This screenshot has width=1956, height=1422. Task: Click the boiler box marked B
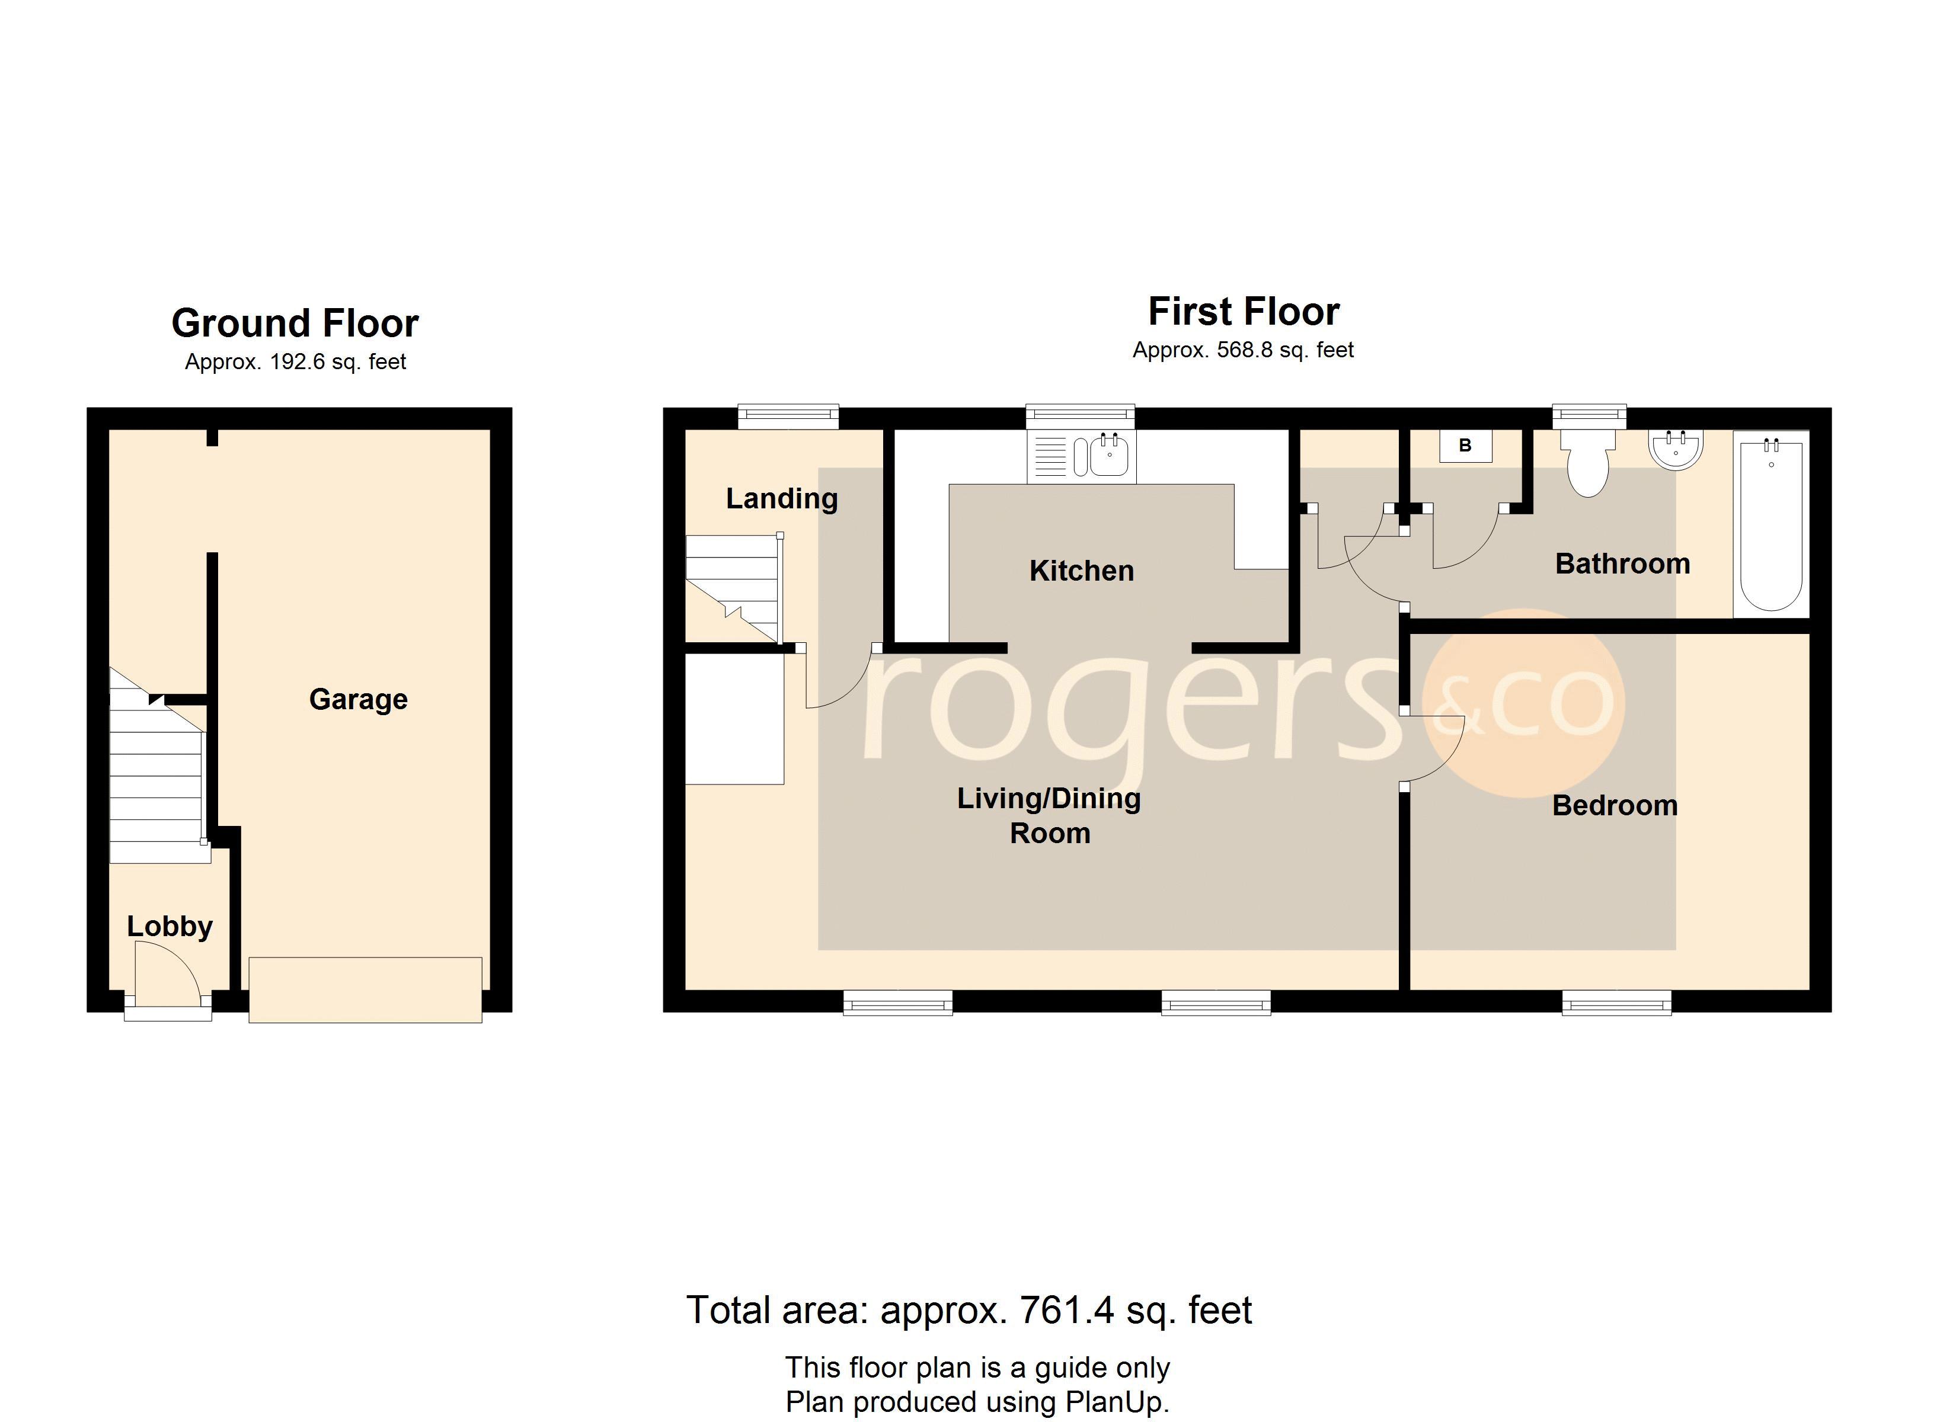tap(1465, 446)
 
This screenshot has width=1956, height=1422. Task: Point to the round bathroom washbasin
tap(1676, 449)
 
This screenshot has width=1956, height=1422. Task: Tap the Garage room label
tap(358, 699)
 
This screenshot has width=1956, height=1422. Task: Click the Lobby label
tap(170, 926)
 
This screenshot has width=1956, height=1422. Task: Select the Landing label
tap(781, 498)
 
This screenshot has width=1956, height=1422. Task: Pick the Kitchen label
tap(1082, 571)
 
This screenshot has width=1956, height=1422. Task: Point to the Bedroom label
tap(1615, 805)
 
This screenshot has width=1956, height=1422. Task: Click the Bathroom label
tap(1622, 564)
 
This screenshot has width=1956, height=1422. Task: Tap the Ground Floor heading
tap(295, 324)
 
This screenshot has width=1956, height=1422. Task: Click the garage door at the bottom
tap(366, 990)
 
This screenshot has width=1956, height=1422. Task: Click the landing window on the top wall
tap(789, 417)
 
